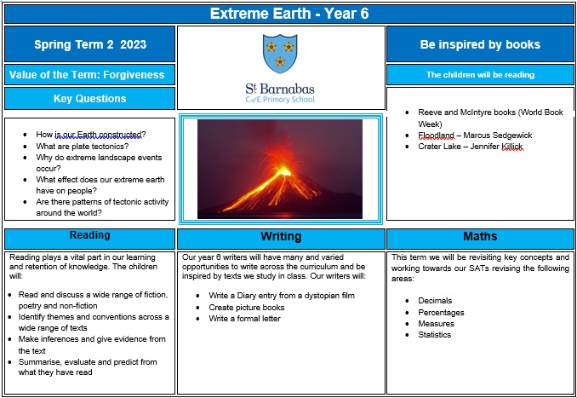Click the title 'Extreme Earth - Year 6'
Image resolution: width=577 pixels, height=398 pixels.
(x=288, y=14)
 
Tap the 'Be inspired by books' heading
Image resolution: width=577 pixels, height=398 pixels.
(x=481, y=44)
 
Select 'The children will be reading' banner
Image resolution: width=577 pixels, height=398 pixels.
(x=481, y=75)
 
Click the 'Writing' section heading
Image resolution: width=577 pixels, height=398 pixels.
(x=281, y=237)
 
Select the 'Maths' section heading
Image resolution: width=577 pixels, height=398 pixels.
(x=481, y=236)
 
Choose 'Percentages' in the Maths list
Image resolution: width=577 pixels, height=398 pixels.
(x=441, y=313)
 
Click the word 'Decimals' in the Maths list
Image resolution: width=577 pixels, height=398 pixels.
(x=436, y=301)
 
